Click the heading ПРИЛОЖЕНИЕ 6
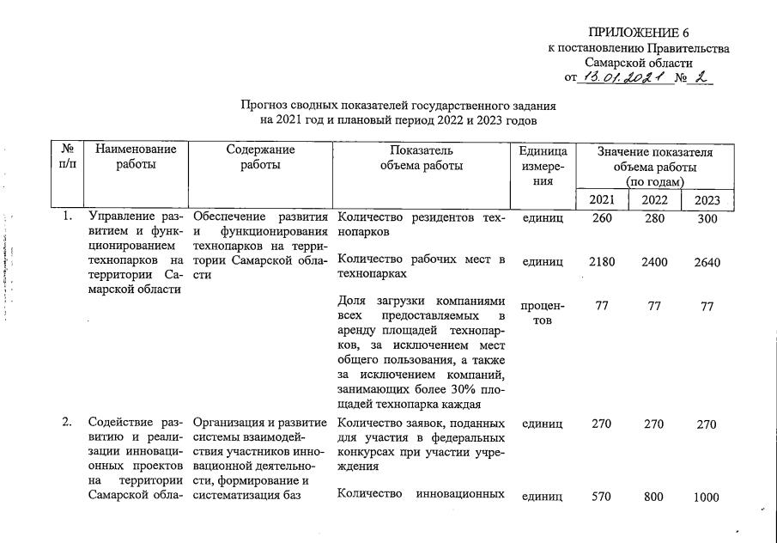[639, 34]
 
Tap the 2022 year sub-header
[654, 201]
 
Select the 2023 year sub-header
[707, 201]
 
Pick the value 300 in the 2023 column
[707, 218]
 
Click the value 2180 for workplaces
[601, 262]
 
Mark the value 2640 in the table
[707, 262]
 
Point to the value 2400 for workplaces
[654, 262]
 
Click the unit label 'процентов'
[543, 313]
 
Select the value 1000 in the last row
[707, 497]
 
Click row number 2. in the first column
[67, 422]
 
